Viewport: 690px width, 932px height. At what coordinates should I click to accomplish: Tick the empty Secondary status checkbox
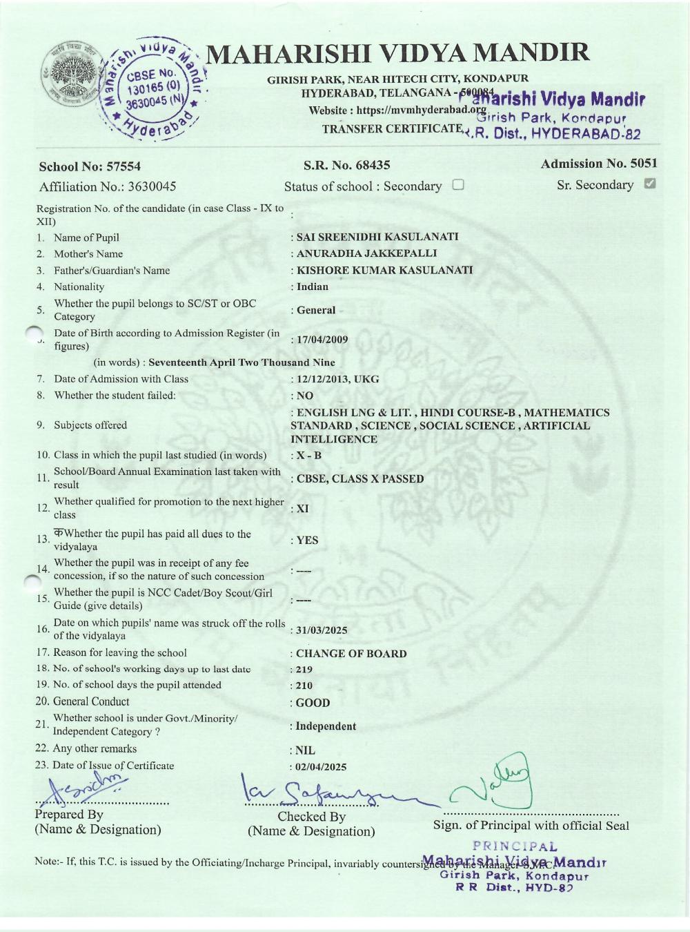(458, 185)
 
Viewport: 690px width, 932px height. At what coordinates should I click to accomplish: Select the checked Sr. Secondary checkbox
(649, 184)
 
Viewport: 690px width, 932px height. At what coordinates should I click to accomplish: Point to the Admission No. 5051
(598, 164)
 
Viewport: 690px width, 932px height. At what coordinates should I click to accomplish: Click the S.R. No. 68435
(346, 165)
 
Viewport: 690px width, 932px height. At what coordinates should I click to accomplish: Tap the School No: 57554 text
(90, 166)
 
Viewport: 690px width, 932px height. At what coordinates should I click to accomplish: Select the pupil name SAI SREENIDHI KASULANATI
(377, 237)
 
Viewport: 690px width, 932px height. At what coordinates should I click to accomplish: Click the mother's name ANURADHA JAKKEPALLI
(366, 253)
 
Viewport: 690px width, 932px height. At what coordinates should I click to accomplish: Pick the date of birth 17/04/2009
(322, 340)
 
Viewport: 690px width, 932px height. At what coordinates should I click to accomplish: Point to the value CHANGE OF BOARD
(351, 653)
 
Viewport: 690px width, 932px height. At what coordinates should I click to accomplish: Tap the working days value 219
(304, 670)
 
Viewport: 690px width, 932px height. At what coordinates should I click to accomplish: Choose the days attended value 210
(304, 686)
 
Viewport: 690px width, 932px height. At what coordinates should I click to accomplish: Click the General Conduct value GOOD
(313, 703)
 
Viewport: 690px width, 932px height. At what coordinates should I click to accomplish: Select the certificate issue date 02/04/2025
(322, 767)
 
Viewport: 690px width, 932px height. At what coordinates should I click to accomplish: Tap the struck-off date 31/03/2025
(322, 630)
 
